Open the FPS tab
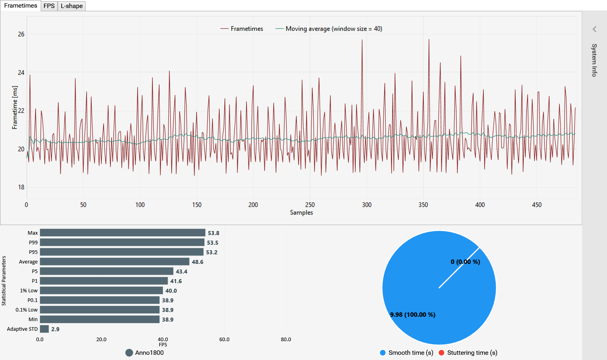click(49, 6)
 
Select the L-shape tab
click(72, 6)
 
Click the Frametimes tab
click(20, 6)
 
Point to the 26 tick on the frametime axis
click(21, 34)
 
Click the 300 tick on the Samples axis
click(367, 205)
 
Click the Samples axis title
click(301, 213)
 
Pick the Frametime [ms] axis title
click(15, 107)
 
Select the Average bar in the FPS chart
click(114, 262)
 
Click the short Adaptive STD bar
click(44, 329)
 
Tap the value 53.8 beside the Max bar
click(213, 233)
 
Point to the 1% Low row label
click(29, 291)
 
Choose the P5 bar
click(106, 272)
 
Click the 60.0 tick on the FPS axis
click(224, 340)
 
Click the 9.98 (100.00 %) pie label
click(413, 315)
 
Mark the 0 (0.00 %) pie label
click(465, 262)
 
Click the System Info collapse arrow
click(595, 29)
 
